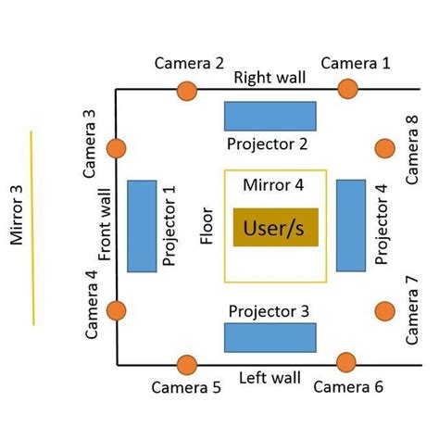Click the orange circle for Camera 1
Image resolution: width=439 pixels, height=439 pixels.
[x=347, y=89]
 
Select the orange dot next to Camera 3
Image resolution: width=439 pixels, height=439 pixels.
[x=117, y=148]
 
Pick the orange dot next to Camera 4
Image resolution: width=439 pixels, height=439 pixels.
[x=117, y=311]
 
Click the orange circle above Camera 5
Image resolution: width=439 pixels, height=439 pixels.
[x=186, y=364]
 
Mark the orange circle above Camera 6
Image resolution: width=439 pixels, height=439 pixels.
[x=347, y=363]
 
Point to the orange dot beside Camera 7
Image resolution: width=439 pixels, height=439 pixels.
[x=383, y=311]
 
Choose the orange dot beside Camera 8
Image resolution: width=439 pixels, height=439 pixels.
[x=383, y=148]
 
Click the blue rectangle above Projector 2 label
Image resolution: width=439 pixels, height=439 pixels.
[x=270, y=116]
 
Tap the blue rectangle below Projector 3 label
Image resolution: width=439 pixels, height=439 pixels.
[x=270, y=337]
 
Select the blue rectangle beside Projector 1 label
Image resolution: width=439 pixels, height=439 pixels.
[x=142, y=226]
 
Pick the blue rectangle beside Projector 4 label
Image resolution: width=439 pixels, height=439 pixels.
[x=350, y=226]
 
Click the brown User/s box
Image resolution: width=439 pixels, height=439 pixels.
[x=275, y=227]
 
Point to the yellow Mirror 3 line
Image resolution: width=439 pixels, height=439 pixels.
[x=32, y=227]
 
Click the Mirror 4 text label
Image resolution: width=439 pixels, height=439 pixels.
[x=273, y=184]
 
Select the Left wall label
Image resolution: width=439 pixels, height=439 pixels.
[x=270, y=377]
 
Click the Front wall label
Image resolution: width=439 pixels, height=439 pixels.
[x=106, y=227]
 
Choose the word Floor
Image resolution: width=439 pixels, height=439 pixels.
[x=207, y=226]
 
